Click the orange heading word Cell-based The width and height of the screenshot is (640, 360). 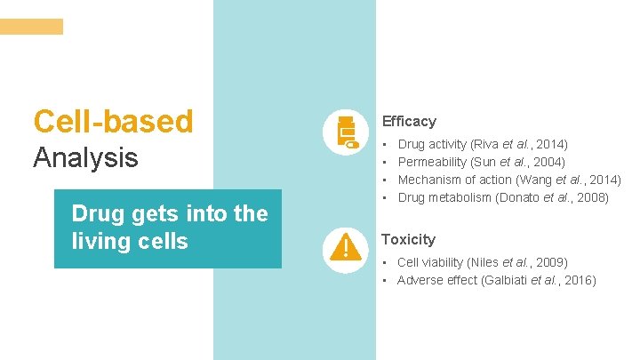[x=113, y=121]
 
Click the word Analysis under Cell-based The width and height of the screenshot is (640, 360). [x=86, y=158]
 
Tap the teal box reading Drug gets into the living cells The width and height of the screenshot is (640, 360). [x=168, y=228]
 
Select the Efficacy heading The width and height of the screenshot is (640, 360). [x=409, y=121]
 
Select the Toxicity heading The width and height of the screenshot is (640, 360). [x=408, y=239]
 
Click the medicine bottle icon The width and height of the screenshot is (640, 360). [x=345, y=133]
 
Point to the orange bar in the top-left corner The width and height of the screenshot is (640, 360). [x=32, y=27]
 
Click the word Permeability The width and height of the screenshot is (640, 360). [x=432, y=162]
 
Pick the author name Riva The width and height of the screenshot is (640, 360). [x=484, y=143]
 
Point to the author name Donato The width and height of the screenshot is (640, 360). [x=521, y=197]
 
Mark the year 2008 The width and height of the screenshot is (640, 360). [x=592, y=197]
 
